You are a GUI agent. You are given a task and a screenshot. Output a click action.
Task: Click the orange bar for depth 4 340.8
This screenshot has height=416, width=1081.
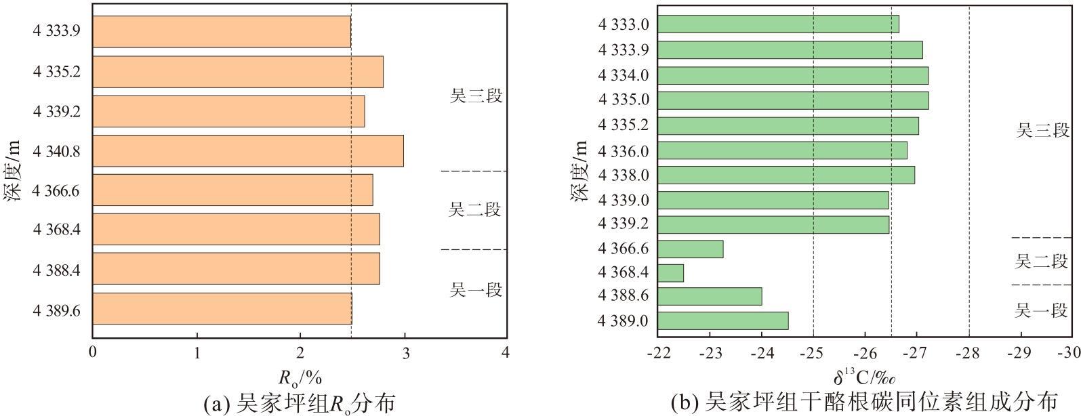tap(248, 151)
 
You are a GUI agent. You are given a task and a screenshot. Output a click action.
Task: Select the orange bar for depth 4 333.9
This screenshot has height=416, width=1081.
tap(222, 32)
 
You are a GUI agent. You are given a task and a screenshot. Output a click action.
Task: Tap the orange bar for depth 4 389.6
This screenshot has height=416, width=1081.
tap(222, 309)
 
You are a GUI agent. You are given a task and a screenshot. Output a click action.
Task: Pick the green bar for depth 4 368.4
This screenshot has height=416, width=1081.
tap(671, 273)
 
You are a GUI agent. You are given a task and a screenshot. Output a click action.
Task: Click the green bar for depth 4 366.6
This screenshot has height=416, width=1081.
tap(691, 249)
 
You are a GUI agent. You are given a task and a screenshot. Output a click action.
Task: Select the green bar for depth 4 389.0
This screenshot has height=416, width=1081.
tap(723, 321)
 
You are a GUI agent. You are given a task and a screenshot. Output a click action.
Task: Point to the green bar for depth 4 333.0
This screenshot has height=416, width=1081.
tap(779, 24)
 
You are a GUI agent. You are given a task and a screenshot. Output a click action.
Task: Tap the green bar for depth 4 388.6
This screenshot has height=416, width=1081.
tap(710, 296)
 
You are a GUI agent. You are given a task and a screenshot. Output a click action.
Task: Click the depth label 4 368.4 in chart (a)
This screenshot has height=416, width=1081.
tap(56, 229)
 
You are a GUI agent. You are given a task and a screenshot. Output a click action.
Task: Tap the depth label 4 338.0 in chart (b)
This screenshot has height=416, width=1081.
tap(624, 175)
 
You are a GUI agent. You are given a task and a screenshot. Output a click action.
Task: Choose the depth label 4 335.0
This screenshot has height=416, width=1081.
tap(624, 100)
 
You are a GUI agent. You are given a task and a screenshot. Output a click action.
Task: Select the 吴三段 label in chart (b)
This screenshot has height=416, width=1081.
tap(1042, 130)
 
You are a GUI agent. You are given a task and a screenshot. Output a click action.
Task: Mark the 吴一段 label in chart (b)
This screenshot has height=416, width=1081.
tap(1040, 310)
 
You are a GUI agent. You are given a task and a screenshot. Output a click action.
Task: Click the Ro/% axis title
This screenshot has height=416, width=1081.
tap(300, 377)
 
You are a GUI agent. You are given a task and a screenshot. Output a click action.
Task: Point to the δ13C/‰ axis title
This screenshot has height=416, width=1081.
tap(864, 377)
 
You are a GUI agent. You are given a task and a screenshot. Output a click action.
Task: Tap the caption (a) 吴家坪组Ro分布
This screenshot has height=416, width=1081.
tap(300, 402)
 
